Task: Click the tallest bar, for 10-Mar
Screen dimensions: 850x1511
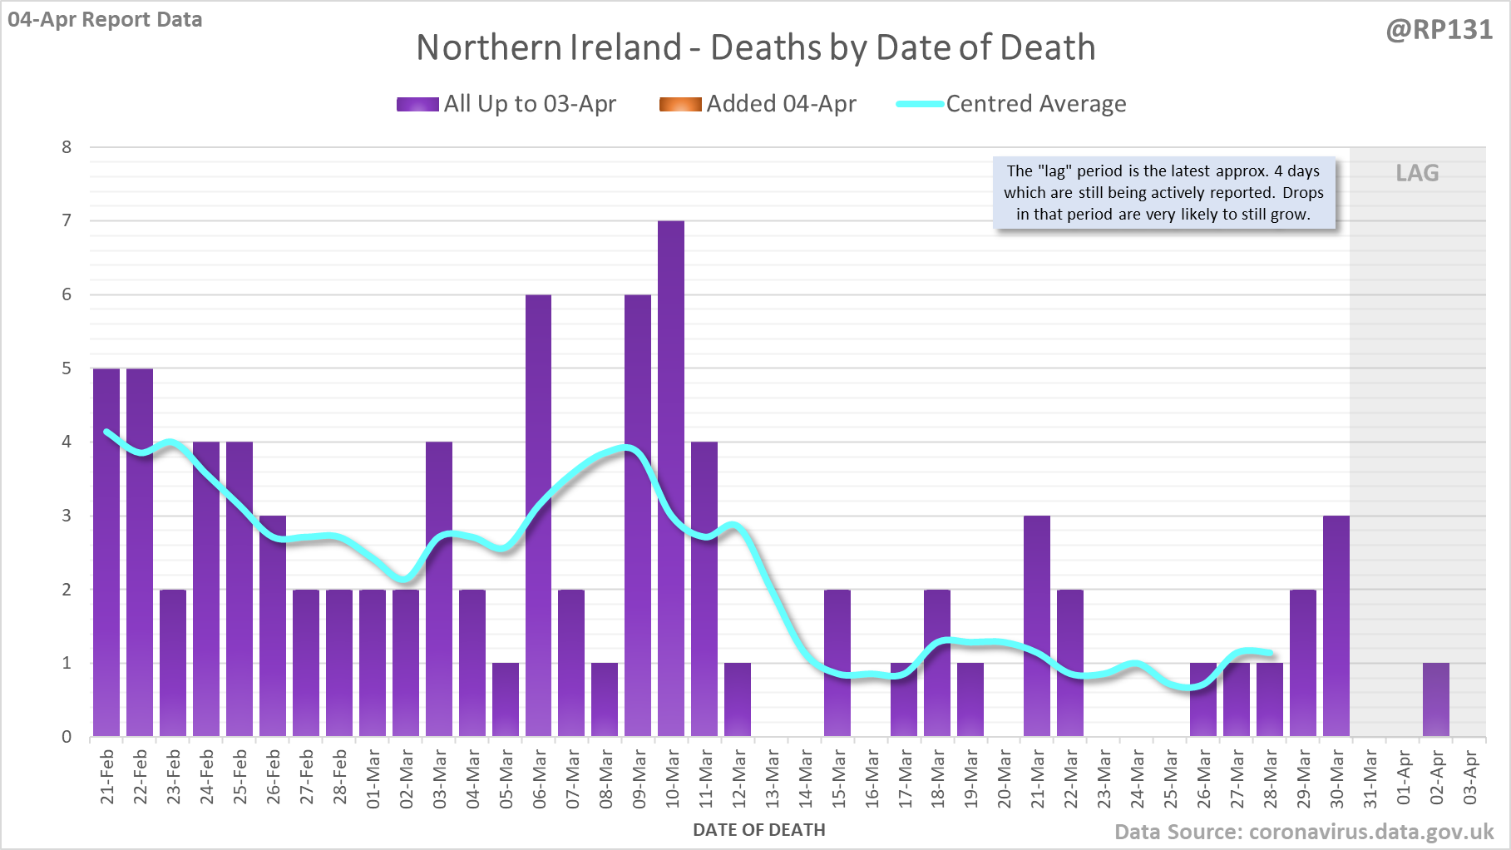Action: click(671, 478)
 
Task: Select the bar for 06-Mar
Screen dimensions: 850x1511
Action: click(538, 516)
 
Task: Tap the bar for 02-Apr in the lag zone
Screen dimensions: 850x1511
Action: click(1435, 699)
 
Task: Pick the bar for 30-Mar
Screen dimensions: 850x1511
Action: click(1336, 625)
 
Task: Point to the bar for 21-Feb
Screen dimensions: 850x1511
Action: click(106, 552)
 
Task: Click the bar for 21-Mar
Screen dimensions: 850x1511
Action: click(1037, 625)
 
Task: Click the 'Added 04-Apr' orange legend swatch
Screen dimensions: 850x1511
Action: click(680, 104)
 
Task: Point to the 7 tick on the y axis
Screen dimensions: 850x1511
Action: click(67, 220)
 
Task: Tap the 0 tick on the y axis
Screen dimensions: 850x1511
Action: click(67, 737)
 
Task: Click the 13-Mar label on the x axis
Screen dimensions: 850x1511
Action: click(772, 778)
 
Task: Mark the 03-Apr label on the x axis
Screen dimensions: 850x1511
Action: click(1470, 778)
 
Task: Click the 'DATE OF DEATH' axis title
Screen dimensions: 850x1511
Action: click(758, 830)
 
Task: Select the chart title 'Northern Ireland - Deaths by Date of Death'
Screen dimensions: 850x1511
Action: click(755, 47)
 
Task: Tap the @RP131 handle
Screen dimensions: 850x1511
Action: click(1439, 30)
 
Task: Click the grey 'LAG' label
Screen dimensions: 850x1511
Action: click(1417, 173)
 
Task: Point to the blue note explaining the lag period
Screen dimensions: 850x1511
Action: click(1163, 193)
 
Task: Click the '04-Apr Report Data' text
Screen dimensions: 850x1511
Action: click(105, 19)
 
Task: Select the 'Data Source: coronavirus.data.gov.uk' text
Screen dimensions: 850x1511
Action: click(1303, 832)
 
